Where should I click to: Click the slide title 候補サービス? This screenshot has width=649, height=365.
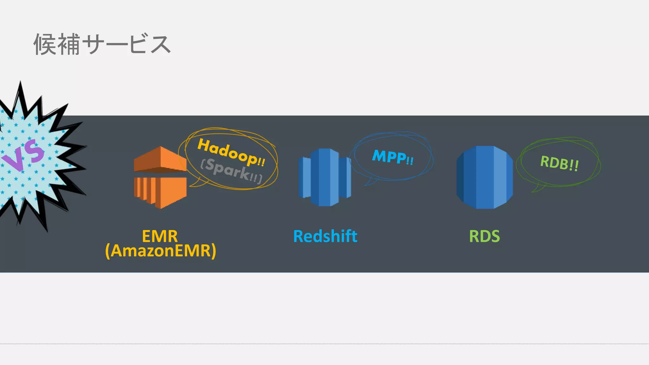tap(102, 44)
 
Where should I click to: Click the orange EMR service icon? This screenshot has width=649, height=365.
tap(160, 177)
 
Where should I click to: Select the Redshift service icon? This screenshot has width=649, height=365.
tap(325, 177)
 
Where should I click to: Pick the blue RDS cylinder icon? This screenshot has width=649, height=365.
tap(485, 177)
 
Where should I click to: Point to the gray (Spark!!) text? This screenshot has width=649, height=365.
tap(232, 171)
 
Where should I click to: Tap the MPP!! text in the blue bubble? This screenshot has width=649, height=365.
tap(393, 157)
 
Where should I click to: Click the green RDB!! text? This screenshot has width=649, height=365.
tap(559, 163)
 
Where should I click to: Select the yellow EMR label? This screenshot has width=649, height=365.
tap(160, 236)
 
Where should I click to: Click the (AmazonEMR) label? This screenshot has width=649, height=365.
tap(161, 251)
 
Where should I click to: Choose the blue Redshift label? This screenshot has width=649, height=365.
tap(325, 236)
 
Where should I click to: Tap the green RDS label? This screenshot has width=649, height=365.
tap(484, 236)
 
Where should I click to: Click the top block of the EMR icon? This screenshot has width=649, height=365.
tap(160, 158)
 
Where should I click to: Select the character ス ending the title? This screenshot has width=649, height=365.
tap(160, 44)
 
